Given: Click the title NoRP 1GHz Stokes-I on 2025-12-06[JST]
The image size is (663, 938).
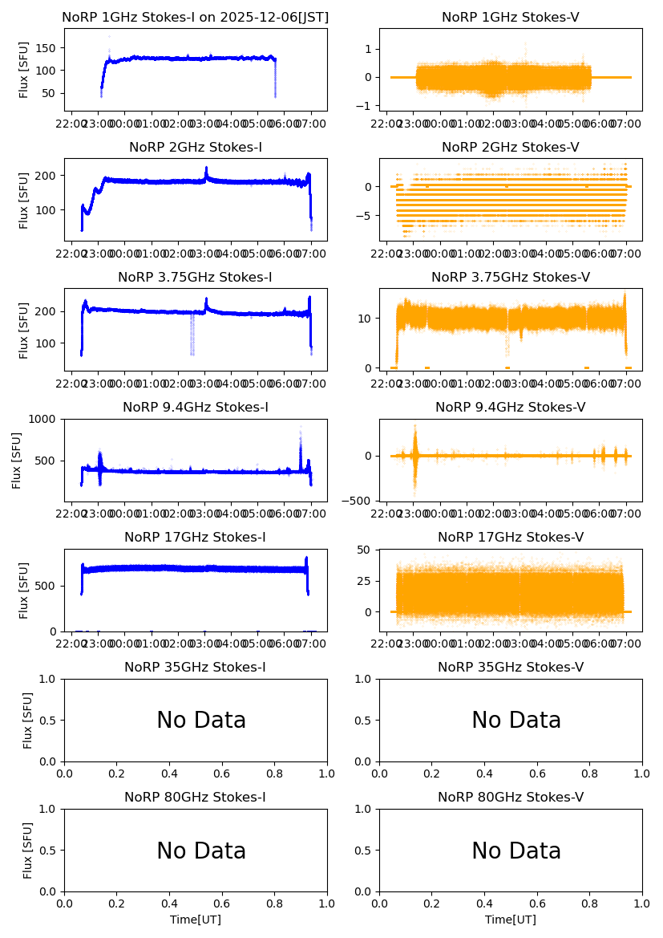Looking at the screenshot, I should [196, 18].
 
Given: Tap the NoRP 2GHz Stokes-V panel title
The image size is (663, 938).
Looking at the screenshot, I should [511, 148].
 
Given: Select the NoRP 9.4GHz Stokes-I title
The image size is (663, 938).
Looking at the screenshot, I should [196, 408].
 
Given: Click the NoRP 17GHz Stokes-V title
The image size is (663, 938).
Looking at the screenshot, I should [511, 538].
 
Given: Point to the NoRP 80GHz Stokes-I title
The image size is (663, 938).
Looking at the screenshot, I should [196, 798].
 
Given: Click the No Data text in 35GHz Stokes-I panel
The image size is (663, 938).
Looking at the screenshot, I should [201, 721].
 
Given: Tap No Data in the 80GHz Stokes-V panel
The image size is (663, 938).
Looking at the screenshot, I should [516, 851].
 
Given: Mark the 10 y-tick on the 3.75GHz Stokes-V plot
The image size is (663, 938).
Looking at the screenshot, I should [365, 319].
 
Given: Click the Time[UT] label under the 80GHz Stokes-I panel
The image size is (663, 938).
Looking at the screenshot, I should [196, 920].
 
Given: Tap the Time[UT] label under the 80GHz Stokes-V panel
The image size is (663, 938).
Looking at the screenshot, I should [511, 920].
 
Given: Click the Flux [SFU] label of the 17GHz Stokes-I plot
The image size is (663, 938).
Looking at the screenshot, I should [25, 591].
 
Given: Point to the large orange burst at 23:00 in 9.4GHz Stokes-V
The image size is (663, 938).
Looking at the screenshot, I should [414, 454].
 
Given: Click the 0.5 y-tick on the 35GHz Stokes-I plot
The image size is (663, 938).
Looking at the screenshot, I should [49, 720].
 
